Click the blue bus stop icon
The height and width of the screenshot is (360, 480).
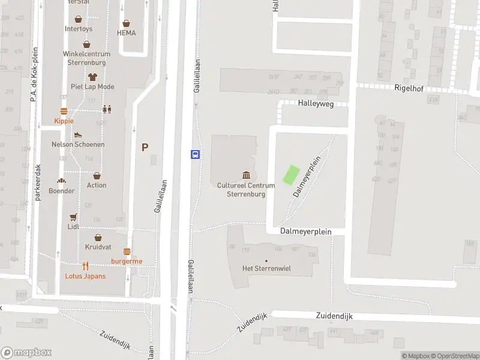(196, 154)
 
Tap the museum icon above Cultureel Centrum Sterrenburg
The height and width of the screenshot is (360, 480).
(246, 175)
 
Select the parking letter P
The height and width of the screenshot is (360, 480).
(145, 147)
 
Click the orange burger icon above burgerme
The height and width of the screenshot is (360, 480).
(127, 251)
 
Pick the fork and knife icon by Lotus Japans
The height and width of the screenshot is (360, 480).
(85, 266)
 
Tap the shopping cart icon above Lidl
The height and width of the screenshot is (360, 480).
(74, 217)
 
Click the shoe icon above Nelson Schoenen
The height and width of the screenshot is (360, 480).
(78, 135)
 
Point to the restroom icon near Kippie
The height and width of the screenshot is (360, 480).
(107, 109)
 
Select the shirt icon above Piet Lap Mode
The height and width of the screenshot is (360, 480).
(92, 77)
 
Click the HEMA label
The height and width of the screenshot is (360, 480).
(126, 33)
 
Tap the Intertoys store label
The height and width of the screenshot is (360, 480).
(79, 29)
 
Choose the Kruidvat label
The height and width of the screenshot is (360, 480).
(97, 247)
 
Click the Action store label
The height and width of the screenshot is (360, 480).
(97, 185)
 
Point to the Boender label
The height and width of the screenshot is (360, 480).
(62, 191)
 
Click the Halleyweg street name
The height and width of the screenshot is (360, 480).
(316, 103)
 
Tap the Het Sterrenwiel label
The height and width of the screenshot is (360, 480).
(266, 268)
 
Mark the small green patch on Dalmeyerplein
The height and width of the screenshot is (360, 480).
(290, 175)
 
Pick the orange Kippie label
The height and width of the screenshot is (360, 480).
(64, 121)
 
